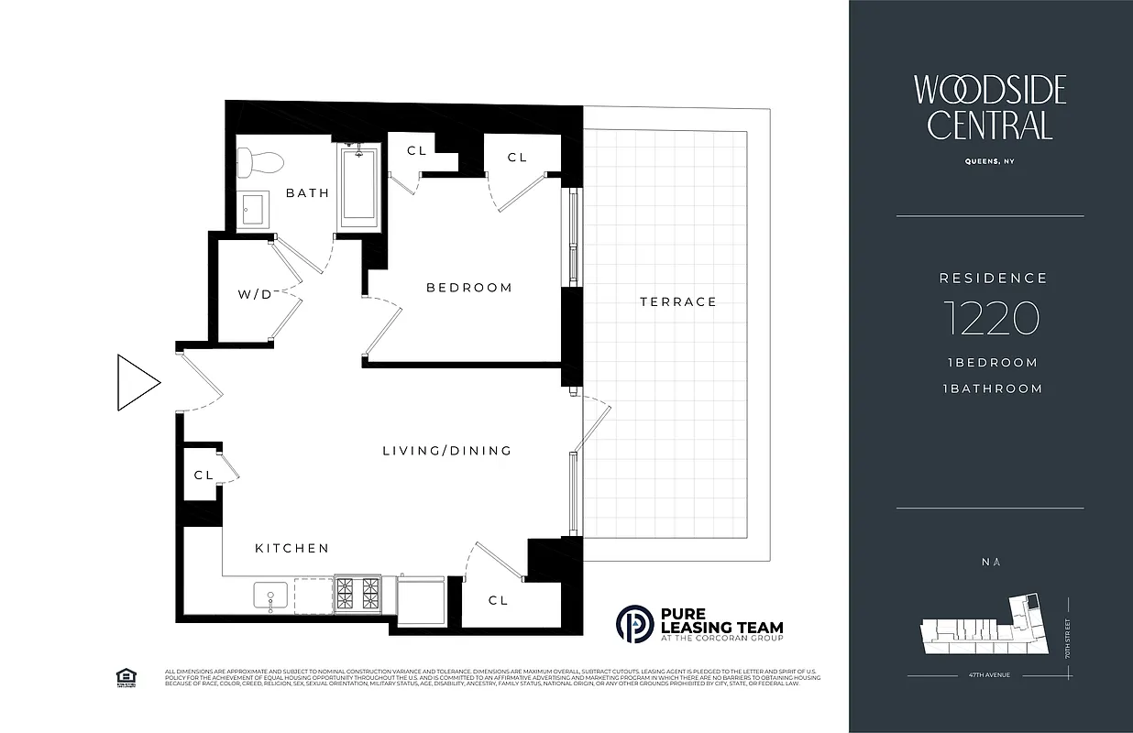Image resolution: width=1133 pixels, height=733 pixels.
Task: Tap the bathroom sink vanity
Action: point(253,211)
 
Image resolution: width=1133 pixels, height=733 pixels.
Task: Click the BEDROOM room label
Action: point(468,288)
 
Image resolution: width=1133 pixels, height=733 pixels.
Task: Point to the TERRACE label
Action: point(678,301)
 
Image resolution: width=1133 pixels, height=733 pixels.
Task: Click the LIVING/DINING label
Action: point(446,451)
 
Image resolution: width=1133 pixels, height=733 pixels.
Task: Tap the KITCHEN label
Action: point(291,548)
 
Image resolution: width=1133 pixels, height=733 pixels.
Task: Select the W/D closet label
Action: point(255,295)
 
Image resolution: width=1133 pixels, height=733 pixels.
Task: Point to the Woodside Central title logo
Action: point(990,107)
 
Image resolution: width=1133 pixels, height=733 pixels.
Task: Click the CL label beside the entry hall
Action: point(203,476)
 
